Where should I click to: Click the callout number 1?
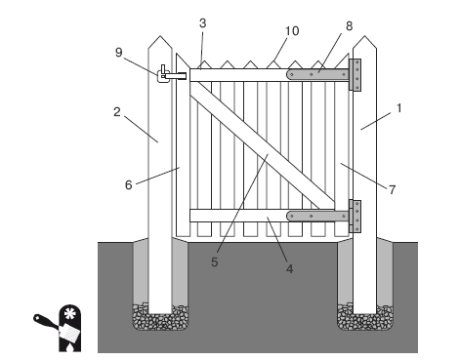(x=399, y=108)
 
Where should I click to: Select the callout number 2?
(x=117, y=112)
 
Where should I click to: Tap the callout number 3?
(x=202, y=23)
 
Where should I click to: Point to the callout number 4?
(x=289, y=269)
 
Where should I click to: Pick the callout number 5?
(x=214, y=262)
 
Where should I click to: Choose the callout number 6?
(x=129, y=185)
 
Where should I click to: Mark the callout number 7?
(x=392, y=189)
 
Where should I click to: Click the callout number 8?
(x=349, y=26)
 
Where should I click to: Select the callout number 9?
(x=119, y=53)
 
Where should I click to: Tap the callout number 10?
(x=292, y=31)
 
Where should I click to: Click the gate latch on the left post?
(x=172, y=74)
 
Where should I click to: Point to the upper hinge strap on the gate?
(x=317, y=74)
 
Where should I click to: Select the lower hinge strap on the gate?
(x=317, y=216)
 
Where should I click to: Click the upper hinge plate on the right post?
(x=355, y=75)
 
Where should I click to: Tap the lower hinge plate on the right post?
(x=355, y=217)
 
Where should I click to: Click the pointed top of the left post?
(x=160, y=42)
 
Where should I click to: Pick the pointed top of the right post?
(x=364, y=42)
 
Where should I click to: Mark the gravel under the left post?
(x=160, y=318)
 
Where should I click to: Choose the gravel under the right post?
(x=364, y=318)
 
